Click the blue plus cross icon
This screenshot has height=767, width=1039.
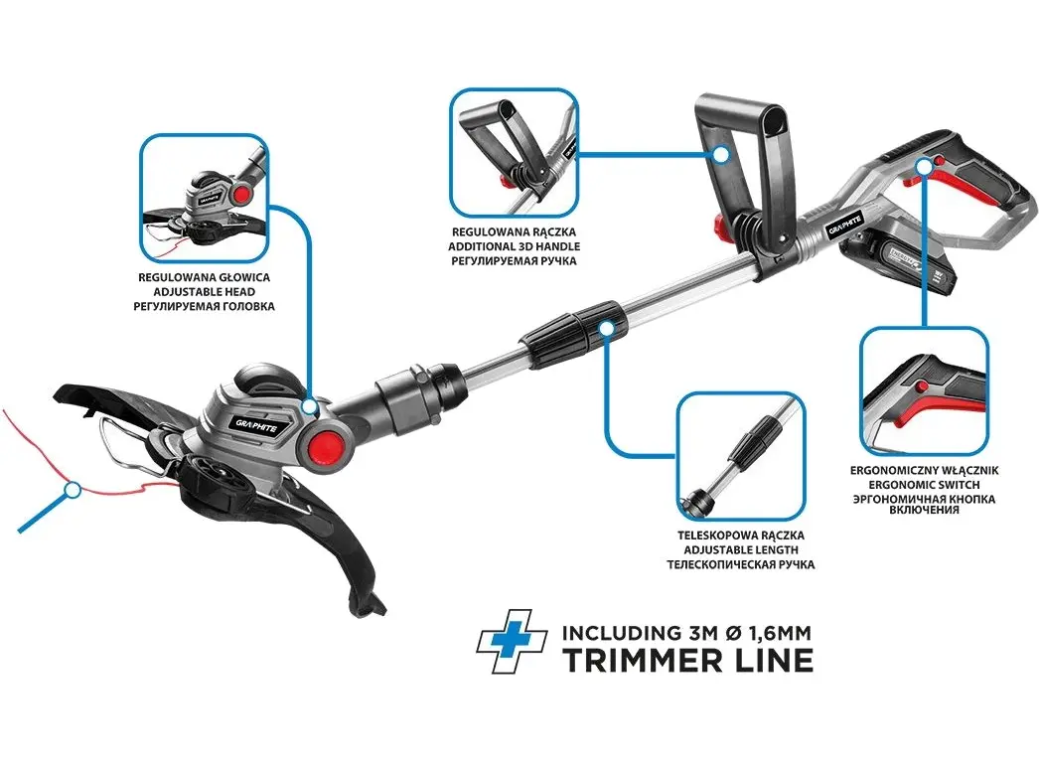[512, 642]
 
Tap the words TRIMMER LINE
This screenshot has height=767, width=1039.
[687, 661]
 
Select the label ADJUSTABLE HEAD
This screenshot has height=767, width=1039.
[204, 292]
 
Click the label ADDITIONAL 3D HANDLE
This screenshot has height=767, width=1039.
[514, 246]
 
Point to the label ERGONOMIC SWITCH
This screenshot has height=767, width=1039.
[924, 485]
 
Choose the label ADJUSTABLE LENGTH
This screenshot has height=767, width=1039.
[741, 549]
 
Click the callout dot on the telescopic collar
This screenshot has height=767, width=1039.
[606, 328]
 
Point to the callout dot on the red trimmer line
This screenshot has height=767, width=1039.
[73, 491]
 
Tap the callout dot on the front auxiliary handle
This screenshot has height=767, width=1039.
[721, 154]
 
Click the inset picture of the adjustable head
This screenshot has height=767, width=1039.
[204, 199]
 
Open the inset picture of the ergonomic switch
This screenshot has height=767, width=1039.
[924, 391]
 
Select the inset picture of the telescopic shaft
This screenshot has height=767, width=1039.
[741, 456]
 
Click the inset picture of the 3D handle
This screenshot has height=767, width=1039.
[514, 152]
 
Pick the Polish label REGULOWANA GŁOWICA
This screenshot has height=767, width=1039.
[204, 277]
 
